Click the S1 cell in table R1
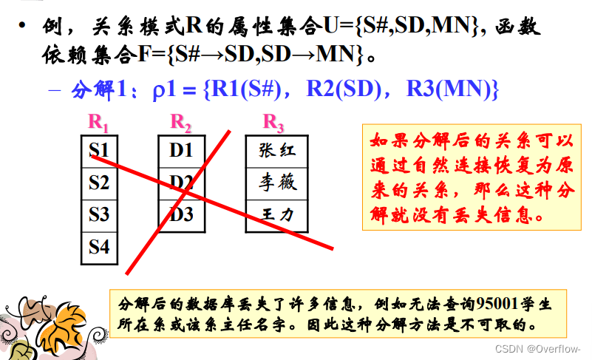coord(99,151)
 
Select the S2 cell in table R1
coord(99,182)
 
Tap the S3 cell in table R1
coord(99,215)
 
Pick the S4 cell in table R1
coord(99,247)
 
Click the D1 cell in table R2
coord(181,151)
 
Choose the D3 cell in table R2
coord(181,215)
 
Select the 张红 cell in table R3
coord(277,151)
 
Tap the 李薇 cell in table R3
coord(277,182)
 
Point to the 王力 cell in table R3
coord(277,215)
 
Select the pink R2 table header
coord(181,121)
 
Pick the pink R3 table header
coord(273,121)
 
